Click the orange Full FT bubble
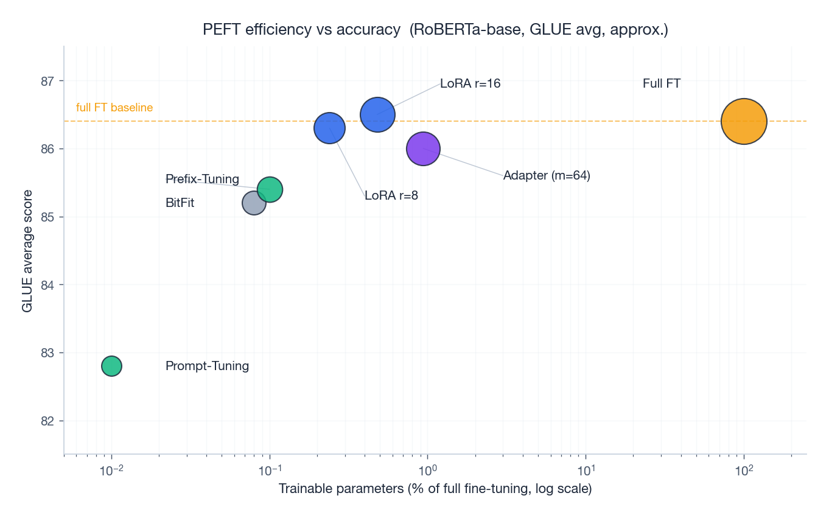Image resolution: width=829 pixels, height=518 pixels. coord(743,121)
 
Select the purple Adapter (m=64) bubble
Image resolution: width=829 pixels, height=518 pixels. coord(423,149)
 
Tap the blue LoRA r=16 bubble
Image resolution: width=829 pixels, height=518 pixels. coord(377,114)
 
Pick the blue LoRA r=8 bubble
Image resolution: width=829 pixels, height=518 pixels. coord(329,128)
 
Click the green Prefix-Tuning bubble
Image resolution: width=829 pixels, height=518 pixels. coord(270,189)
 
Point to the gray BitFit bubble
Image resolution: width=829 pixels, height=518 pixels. coord(254,203)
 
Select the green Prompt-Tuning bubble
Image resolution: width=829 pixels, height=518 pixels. coord(111,366)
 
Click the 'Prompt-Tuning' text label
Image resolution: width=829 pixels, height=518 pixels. coord(207,366)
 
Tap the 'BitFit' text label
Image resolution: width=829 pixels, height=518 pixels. coord(180,203)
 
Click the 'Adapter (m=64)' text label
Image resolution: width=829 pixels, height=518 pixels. coord(547,175)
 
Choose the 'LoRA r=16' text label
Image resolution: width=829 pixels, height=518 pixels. coord(470,83)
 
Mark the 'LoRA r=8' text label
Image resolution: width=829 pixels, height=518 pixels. coord(391,195)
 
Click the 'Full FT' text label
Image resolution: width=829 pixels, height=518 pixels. coord(661,83)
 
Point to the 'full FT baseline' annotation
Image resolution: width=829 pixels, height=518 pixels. coord(114,108)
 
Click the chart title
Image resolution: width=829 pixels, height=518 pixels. coord(435,30)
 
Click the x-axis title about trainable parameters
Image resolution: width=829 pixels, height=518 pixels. coord(435,489)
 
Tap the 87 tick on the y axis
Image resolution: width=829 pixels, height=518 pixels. coord(47,81)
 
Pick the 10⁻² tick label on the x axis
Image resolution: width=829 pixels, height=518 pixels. coord(111,471)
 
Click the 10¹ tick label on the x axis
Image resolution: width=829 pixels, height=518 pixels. coord(586,471)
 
